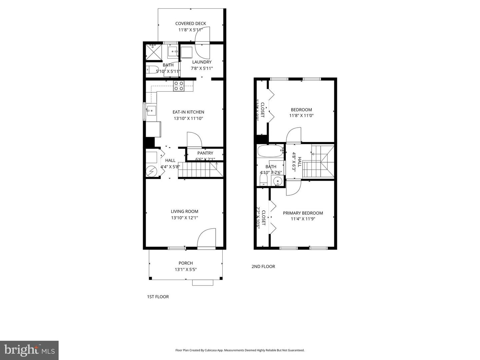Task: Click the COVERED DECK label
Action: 191,23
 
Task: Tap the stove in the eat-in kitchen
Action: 179,86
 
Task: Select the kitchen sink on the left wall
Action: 151,110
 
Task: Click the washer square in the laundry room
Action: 187,53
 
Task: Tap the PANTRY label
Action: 205,153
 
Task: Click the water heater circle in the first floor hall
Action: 152,171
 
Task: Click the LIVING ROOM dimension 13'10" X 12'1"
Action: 184,218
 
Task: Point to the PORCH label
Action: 186,263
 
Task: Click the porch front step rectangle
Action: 203,283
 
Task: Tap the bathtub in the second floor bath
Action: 270,151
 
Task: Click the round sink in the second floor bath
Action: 277,181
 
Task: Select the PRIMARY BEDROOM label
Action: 303,213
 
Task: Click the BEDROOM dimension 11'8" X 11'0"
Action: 301,116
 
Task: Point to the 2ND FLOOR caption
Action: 263,266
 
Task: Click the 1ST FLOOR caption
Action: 158,297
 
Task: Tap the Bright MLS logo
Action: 29,350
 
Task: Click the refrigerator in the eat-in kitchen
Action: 153,129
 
